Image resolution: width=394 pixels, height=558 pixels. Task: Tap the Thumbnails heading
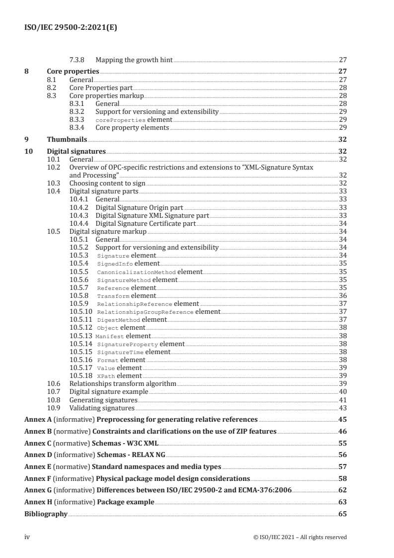click(67, 140)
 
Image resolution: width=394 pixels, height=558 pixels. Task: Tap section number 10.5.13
click(81, 336)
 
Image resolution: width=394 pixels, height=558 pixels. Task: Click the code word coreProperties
click(121, 120)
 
